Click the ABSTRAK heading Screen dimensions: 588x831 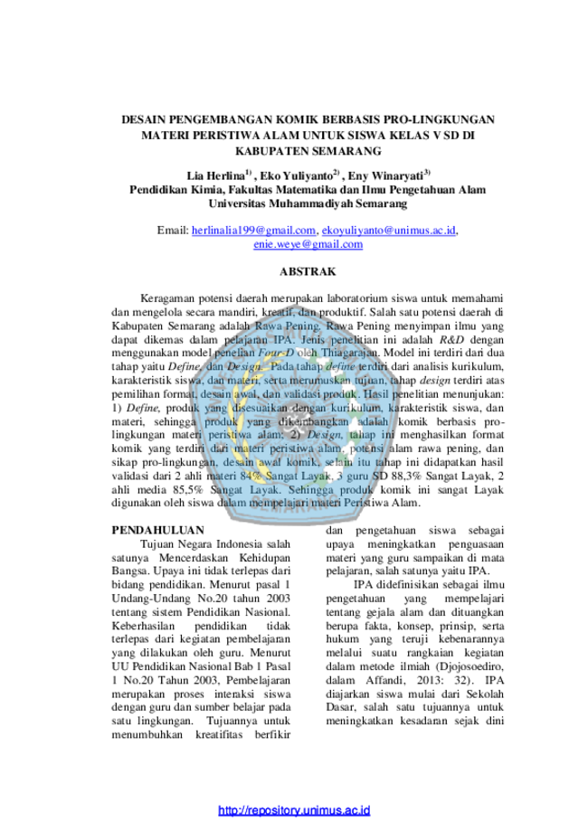308,271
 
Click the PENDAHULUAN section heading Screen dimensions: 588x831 157,530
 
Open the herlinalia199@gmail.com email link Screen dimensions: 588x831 253,231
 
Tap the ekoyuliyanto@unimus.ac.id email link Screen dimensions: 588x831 389,231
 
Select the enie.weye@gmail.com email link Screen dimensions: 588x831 308,244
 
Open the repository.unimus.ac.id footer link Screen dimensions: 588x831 294,810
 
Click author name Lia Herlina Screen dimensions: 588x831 216,176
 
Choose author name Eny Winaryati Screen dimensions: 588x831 385,176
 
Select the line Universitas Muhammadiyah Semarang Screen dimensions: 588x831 308,203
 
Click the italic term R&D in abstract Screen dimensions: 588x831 451,339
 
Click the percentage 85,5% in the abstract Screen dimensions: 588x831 187,490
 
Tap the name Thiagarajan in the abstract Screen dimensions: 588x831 349,353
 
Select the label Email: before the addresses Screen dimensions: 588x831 173,231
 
